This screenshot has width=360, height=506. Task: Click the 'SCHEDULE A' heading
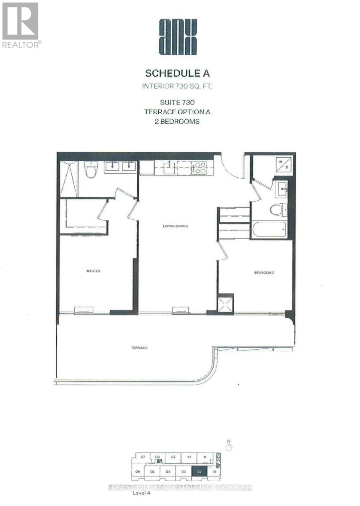tap(177, 73)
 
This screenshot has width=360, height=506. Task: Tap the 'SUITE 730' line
tap(177, 102)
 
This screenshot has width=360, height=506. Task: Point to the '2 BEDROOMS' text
tap(177, 121)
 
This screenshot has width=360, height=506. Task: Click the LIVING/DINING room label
tap(176, 226)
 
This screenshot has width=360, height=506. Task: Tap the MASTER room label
tap(93, 271)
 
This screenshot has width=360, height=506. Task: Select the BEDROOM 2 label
tap(264, 273)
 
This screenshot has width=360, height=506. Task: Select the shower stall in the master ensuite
tap(69, 178)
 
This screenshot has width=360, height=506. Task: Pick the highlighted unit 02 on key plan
tap(199, 472)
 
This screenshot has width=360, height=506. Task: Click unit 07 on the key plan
tap(143, 457)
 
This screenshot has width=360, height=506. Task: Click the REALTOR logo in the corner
tap(21, 25)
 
